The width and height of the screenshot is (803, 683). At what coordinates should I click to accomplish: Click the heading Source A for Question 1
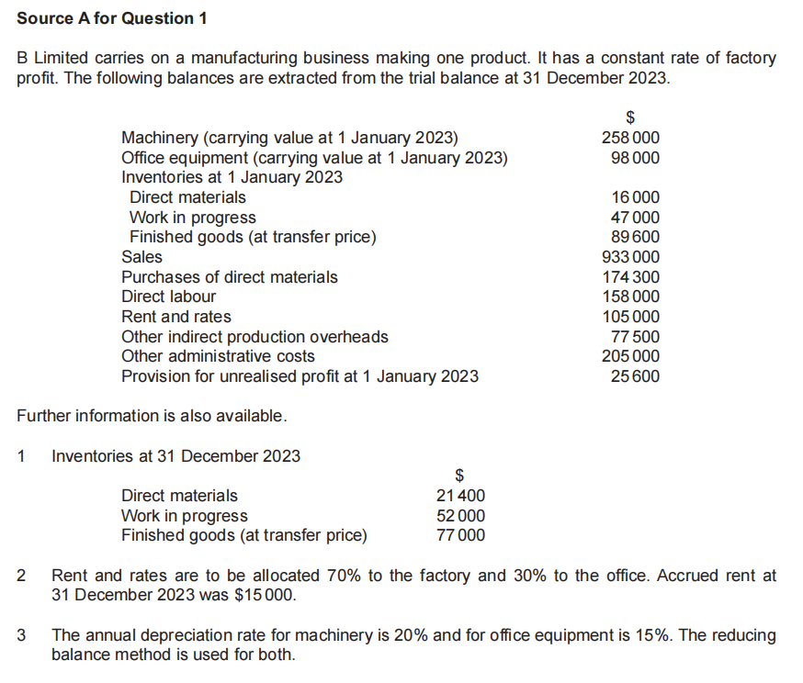(x=106, y=18)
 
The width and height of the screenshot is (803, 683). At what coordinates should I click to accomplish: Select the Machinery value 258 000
(x=629, y=138)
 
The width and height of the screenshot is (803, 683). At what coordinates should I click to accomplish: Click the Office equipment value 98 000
(x=635, y=158)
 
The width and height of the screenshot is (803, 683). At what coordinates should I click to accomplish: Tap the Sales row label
(x=141, y=257)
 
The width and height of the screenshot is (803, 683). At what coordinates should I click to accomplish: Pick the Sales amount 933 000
(x=629, y=257)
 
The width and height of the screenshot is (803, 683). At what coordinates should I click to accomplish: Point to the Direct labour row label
(x=169, y=297)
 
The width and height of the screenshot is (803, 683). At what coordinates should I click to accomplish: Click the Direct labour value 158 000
(x=629, y=297)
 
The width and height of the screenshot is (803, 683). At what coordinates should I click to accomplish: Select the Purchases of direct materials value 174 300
(x=629, y=277)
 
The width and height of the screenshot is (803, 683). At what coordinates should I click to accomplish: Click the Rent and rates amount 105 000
(x=629, y=317)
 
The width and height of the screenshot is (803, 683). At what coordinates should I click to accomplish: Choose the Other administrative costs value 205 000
(x=629, y=356)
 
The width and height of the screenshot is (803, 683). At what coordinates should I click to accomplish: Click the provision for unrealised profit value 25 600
(x=635, y=376)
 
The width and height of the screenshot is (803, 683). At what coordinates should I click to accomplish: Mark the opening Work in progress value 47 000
(x=635, y=218)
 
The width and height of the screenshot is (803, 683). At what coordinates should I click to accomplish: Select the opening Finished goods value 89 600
(x=635, y=237)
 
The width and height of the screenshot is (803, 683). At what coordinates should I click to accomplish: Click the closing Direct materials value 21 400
(x=460, y=496)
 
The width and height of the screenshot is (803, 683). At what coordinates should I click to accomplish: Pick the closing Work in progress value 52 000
(x=460, y=516)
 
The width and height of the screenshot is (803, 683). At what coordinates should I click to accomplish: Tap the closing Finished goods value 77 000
(x=460, y=535)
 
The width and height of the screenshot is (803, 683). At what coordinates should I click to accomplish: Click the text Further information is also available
(x=153, y=416)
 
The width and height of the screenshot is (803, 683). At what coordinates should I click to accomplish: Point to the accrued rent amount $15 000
(x=266, y=596)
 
